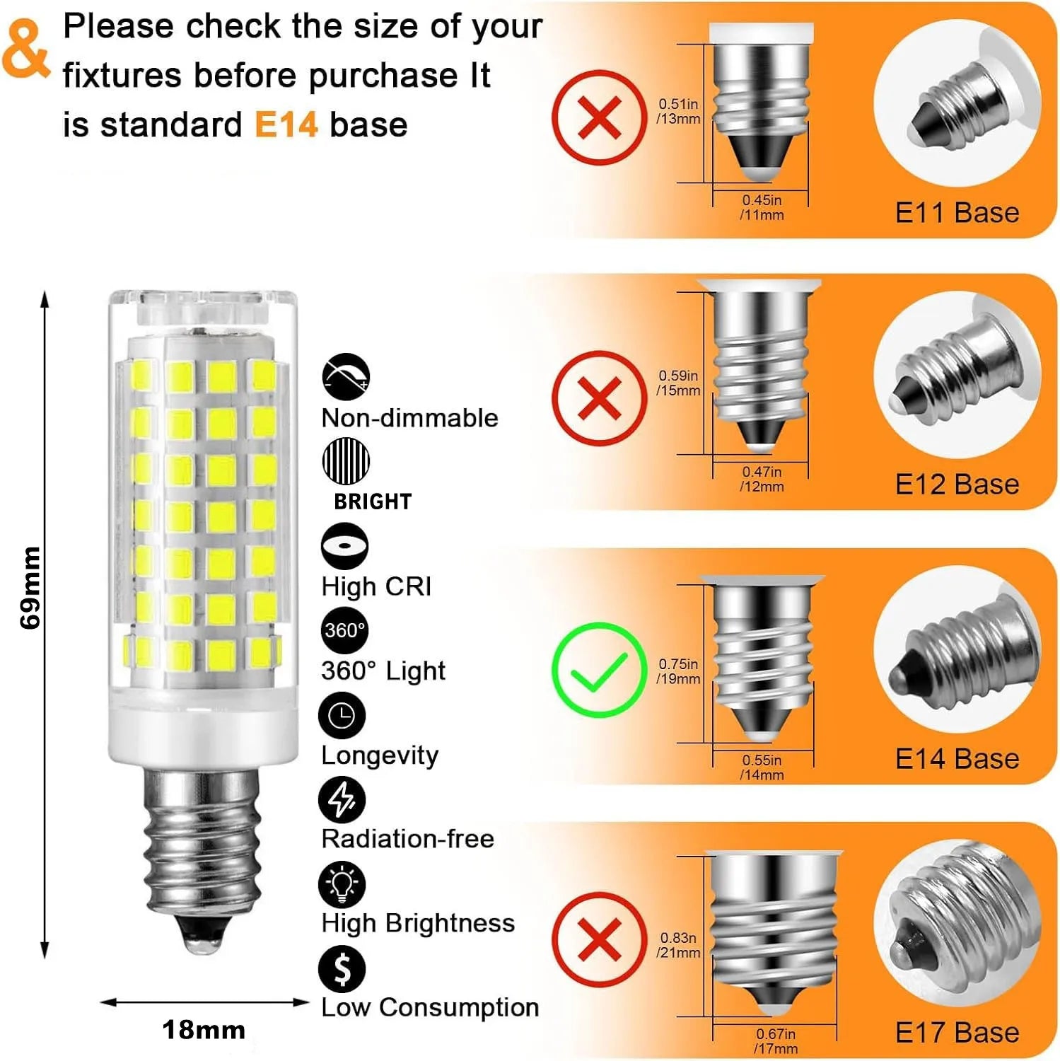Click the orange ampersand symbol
point(26,48)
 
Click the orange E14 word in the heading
point(286,125)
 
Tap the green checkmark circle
point(599,670)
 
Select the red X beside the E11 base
point(599,117)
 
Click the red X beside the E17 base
point(599,939)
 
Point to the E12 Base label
point(957,485)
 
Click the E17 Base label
point(957,1033)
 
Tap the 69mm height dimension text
point(31,587)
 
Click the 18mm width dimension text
point(204,1030)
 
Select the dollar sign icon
point(342,969)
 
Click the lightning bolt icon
point(342,799)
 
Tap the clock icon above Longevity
point(342,715)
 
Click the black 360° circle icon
point(345,630)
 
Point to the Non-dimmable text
point(409,418)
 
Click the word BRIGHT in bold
point(373,501)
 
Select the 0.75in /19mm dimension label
point(678,671)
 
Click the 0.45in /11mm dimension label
point(762,208)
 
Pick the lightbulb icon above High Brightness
point(342,884)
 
